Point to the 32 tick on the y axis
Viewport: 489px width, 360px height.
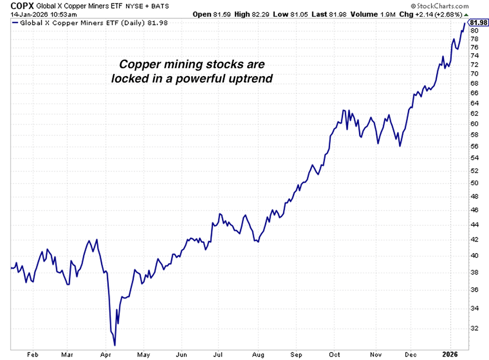(x=474, y=328)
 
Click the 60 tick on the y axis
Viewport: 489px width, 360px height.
(x=474, y=123)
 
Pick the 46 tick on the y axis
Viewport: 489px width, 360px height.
(x=474, y=210)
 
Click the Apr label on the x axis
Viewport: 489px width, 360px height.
(x=106, y=355)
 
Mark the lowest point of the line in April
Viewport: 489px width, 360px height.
(x=115, y=344)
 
